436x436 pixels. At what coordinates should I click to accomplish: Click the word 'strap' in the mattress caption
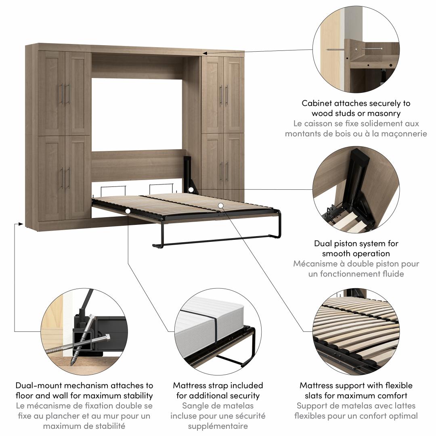click(x=217, y=386)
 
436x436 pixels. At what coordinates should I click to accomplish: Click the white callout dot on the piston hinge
click(x=191, y=190)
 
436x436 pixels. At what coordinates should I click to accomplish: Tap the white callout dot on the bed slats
click(x=220, y=205)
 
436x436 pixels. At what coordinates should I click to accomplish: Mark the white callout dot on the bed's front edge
click(x=128, y=211)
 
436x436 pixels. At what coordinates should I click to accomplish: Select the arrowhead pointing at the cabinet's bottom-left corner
click(x=20, y=224)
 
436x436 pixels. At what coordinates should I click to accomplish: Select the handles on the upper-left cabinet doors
click(x=65, y=94)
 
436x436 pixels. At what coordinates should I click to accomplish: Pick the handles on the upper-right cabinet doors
click(x=224, y=95)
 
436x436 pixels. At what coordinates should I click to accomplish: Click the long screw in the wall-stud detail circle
click(x=335, y=50)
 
